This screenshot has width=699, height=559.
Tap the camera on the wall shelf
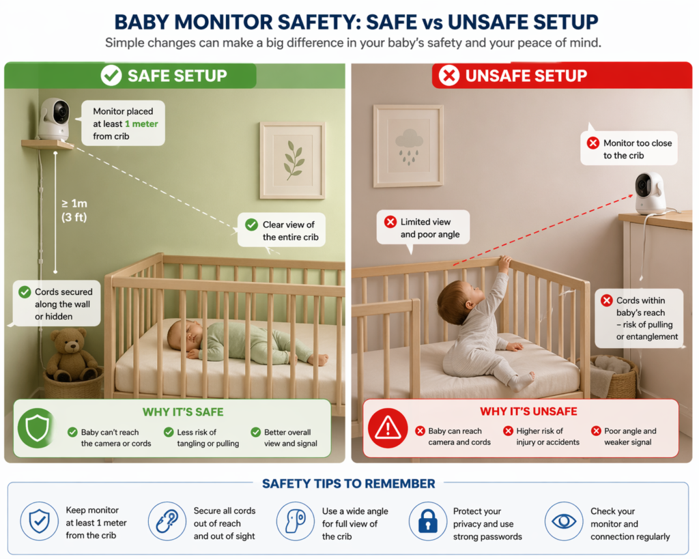pyautogui.click(x=54, y=119)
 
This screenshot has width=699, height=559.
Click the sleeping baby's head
pyautogui.click(x=183, y=334)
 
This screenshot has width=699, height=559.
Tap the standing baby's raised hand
pyautogui.click(x=504, y=262)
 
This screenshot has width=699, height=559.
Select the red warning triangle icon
pyautogui.click(x=387, y=428)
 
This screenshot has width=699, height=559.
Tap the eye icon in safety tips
pyautogui.click(x=564, y=521)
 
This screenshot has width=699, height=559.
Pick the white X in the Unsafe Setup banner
pyautogui.click(x=448, y=76)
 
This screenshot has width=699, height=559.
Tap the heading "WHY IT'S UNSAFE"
pyautogui.click(x=528, y=412)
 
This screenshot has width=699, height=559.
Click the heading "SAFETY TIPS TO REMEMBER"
pyautogui.click(x=348, y=484)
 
